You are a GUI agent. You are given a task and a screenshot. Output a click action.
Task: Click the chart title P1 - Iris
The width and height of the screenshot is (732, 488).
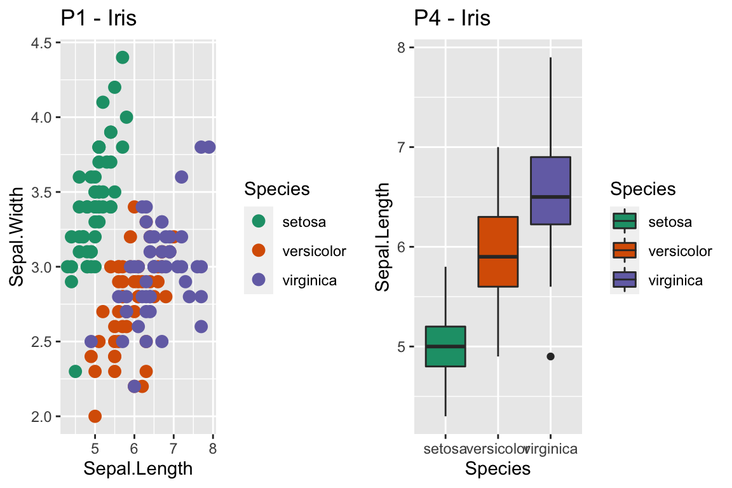98,18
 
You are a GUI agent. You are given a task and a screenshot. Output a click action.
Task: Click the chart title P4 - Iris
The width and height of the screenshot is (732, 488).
452,18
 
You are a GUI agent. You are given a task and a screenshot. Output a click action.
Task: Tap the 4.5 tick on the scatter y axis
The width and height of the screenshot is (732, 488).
43,43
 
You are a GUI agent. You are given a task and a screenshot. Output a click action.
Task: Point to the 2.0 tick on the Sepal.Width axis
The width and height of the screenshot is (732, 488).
43,416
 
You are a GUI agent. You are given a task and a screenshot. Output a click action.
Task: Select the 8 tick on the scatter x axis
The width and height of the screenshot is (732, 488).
213,449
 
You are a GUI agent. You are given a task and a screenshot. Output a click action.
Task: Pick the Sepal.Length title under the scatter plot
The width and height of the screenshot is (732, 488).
138,469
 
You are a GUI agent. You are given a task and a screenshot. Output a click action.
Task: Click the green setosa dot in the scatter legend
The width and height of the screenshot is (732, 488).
259,222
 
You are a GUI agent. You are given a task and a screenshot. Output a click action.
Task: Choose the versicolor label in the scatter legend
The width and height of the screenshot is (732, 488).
314,251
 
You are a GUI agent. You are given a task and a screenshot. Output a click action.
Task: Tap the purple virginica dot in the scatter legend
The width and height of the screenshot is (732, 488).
259,280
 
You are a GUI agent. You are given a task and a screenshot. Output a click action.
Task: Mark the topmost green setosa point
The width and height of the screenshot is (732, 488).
123,57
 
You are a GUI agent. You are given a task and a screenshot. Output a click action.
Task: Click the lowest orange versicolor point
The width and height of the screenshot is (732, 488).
95,416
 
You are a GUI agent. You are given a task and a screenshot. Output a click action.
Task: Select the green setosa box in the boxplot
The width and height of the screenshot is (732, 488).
445,346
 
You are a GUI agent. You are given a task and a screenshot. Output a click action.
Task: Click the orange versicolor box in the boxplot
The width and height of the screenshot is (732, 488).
498,252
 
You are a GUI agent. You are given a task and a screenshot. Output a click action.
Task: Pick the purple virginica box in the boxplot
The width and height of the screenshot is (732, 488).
550,191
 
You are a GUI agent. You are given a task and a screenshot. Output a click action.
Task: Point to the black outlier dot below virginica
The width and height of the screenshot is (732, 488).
550,356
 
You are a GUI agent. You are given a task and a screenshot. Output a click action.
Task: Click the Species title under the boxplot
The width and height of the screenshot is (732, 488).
498,469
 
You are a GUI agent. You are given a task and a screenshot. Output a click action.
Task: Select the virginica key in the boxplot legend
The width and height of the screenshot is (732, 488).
625,280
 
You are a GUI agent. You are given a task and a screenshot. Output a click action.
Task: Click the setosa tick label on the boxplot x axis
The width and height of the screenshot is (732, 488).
445,449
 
